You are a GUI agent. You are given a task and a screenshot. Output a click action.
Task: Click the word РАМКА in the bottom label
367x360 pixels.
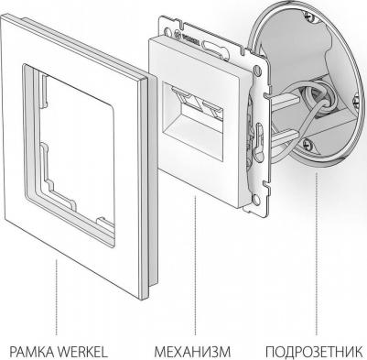[32, 352]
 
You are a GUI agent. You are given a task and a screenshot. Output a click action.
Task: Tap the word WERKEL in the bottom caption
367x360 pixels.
[82, 352]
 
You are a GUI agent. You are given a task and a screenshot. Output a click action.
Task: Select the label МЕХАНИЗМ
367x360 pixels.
[192, 352]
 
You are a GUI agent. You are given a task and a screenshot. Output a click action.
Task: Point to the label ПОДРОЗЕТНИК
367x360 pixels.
[314, 352]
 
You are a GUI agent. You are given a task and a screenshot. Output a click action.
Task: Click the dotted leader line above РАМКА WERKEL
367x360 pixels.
[57, 298]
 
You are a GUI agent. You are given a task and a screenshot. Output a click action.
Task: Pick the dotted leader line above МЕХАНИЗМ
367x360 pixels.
[195, 266]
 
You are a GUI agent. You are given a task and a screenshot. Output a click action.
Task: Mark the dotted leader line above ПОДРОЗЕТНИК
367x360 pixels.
[317, 254]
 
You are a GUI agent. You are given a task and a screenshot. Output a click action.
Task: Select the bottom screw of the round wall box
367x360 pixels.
[308, 142]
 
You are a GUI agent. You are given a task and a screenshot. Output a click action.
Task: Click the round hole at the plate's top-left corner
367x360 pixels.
[168, 31]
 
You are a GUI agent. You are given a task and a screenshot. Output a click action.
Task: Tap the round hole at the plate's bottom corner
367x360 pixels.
[255, 200]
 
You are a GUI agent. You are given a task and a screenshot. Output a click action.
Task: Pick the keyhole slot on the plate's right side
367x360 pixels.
[259, 135]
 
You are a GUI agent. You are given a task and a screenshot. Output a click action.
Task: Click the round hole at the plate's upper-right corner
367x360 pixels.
[258, 71]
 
